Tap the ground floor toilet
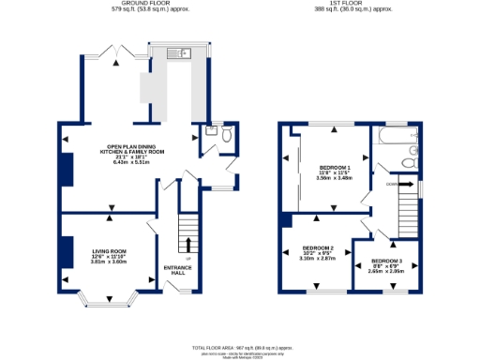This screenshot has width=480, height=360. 226,135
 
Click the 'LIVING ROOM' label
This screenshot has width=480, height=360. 109,251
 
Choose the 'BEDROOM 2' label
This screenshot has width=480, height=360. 318,248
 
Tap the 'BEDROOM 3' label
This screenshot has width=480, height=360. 386,260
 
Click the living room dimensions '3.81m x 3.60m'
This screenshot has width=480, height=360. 109,262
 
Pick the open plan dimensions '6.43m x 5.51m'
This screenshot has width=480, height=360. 132,163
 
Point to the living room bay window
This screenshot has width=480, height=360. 103,301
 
